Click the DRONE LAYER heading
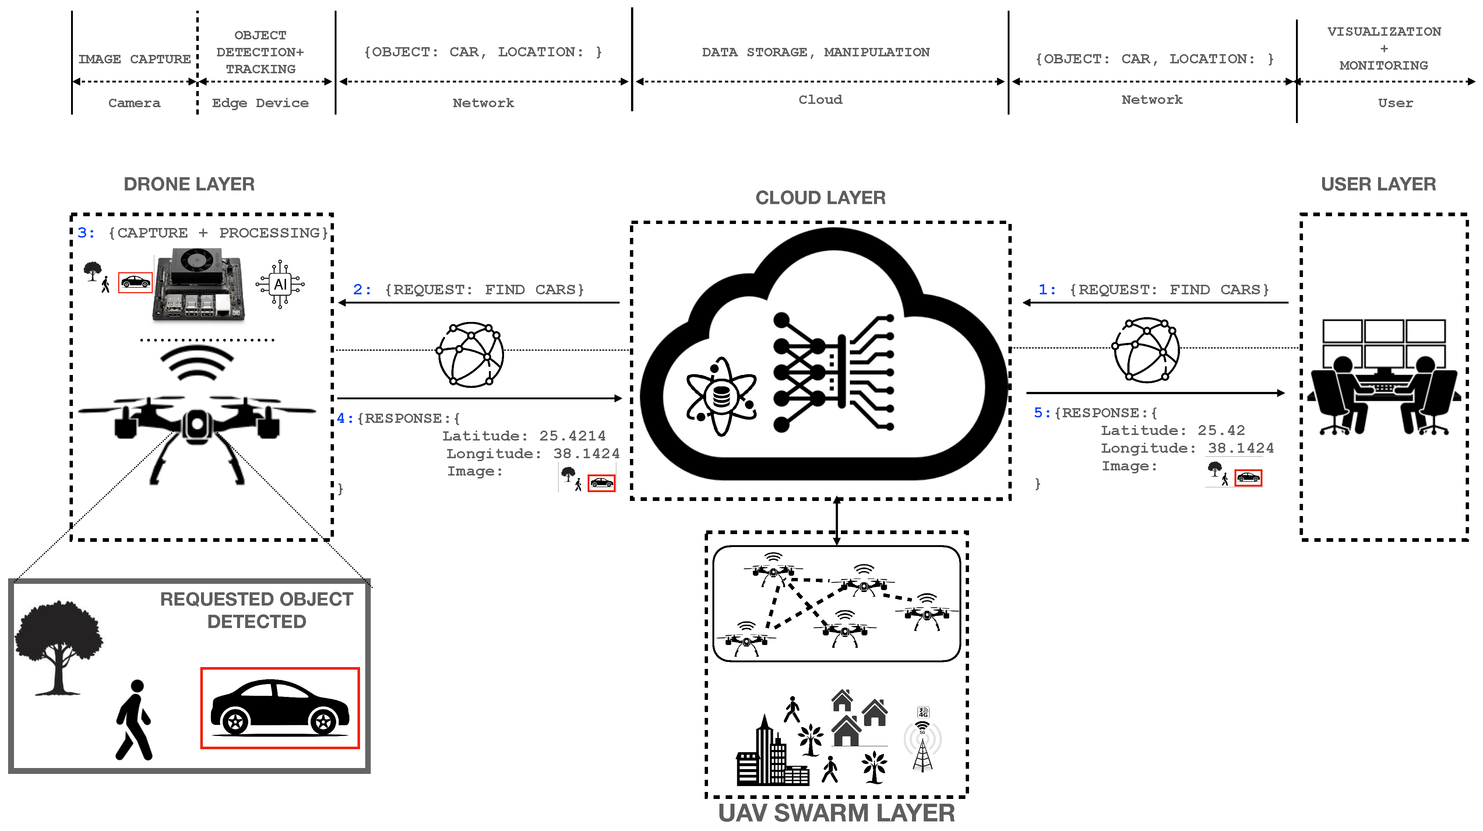coord(189,184)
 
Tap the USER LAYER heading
coord(1378,184)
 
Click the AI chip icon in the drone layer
coord(281,284)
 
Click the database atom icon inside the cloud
coord(721,396)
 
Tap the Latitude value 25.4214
coord(572,436)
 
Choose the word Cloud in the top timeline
coord(820,99)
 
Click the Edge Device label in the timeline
coord(260,103)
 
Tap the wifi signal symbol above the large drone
coord(197,363)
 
